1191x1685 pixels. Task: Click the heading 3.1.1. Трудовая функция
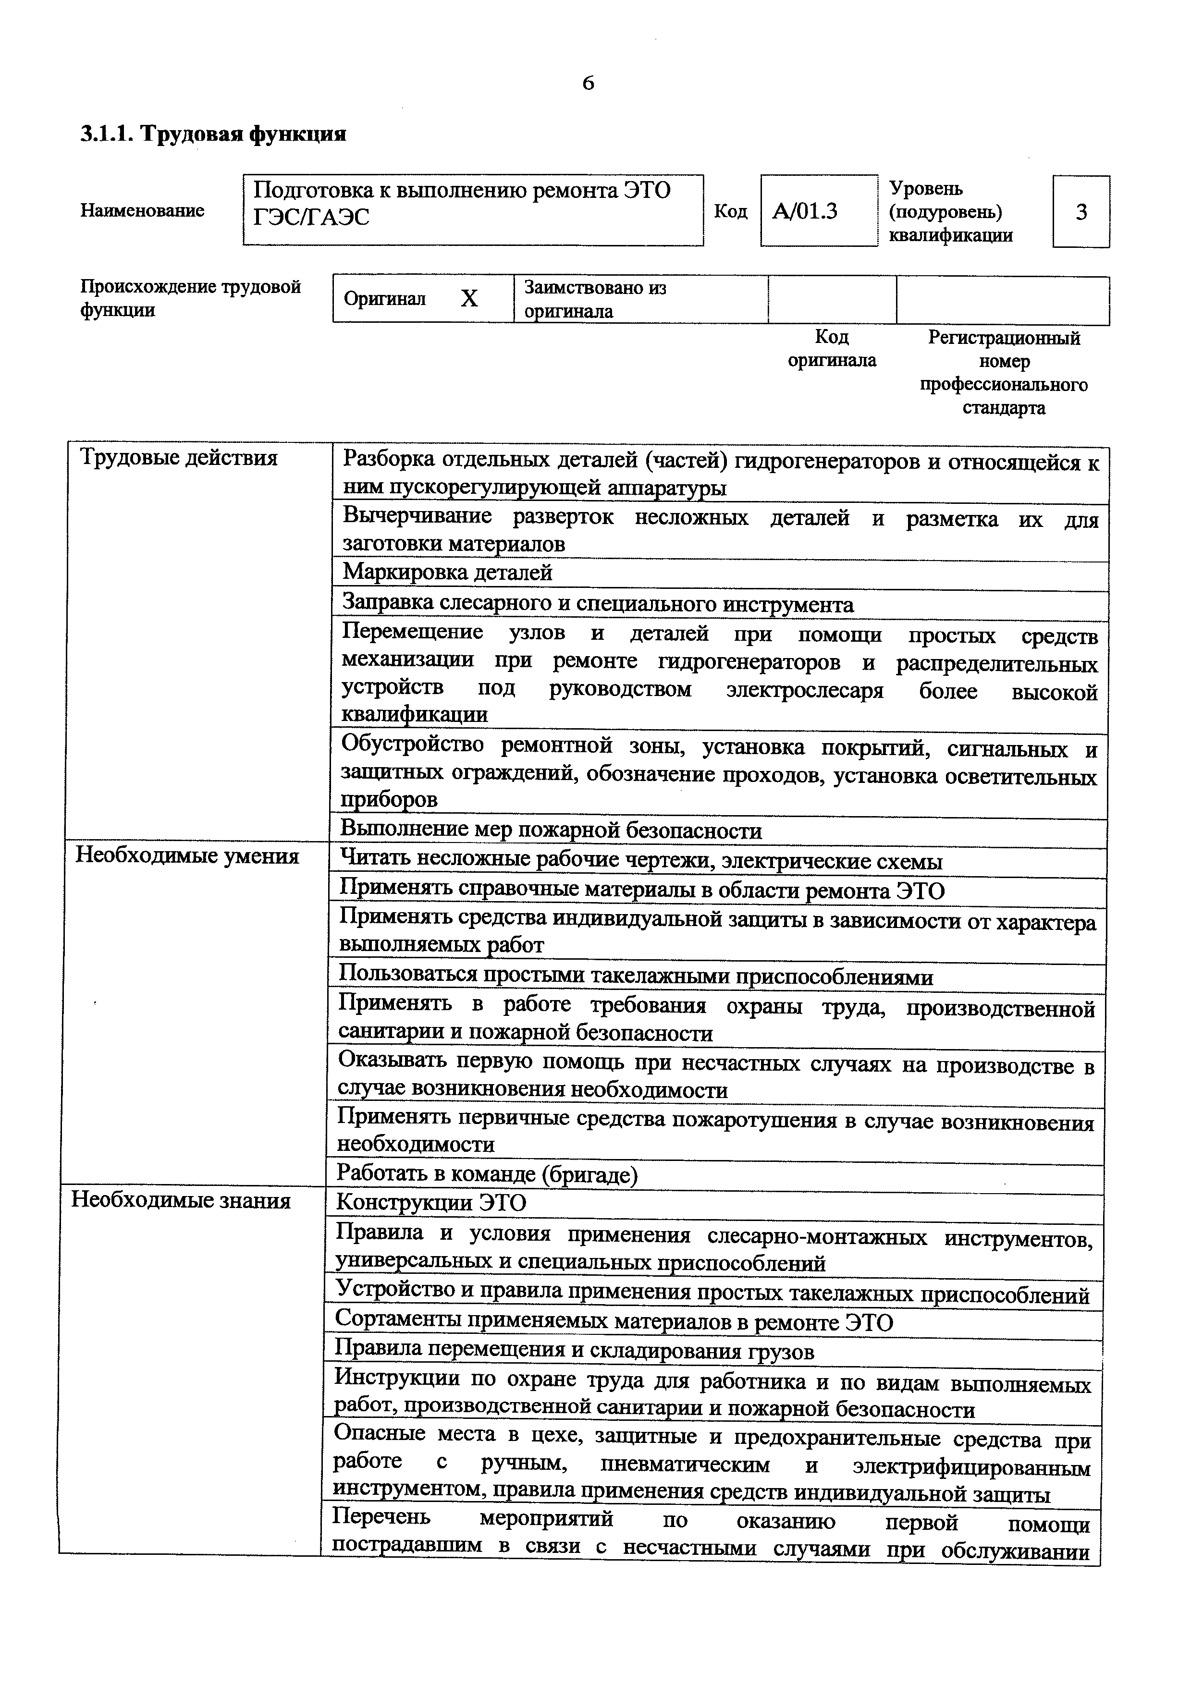[x=213, y=134]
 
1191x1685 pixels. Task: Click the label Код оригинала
[x=832, y=349]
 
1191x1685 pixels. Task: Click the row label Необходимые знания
[x=181, y=1201]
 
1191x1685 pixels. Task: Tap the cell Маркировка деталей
[x=448, y=573]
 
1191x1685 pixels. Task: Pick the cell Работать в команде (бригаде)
[x=487, y=1174]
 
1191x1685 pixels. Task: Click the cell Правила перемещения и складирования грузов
[x=575, y=1351]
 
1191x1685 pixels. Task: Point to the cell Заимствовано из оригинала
[x=595, y=299]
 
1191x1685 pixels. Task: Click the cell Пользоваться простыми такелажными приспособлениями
[x=636, y=977]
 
